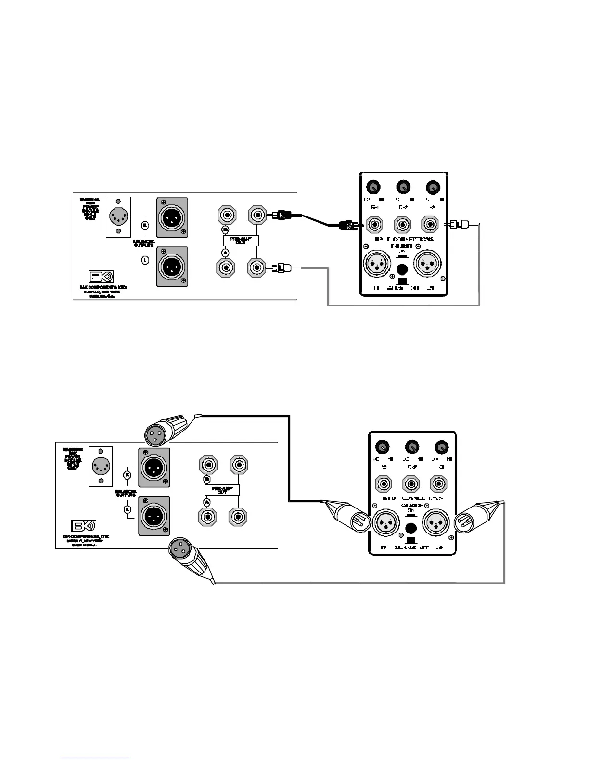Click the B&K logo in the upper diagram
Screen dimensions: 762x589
click(x=100, y=278)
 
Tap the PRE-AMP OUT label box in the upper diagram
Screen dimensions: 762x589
click(x=241, y=240)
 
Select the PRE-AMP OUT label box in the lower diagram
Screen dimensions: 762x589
click(x=222, y=490)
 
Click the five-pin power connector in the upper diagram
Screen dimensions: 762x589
click(x=118, y=216)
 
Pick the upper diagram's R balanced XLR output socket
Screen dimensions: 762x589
click(x=172, y=217)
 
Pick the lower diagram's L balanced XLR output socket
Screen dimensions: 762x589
click(x=154, y=516)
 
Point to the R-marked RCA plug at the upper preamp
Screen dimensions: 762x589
click(x=282, y=215)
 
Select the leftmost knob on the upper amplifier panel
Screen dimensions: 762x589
click(x=373, y=187)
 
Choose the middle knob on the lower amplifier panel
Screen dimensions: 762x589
click(x=411, y=447)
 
